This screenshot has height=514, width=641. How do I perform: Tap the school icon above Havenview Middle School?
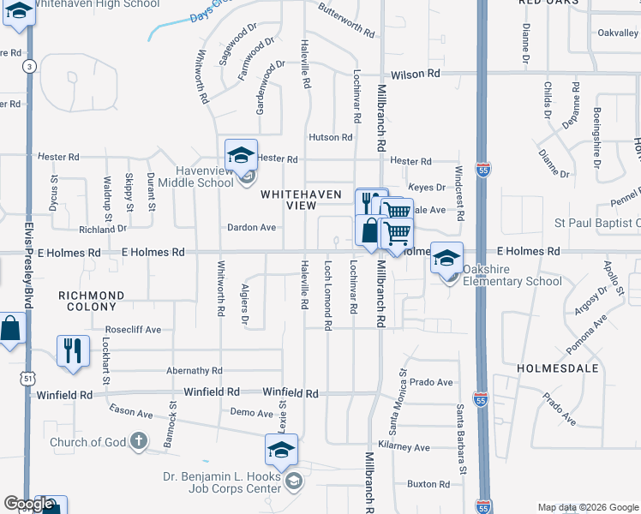[242, 155]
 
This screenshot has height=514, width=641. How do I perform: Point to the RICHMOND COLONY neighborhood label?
[91, 301]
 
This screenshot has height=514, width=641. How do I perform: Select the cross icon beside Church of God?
[138, 442]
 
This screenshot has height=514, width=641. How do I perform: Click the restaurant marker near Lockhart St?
[73, 350]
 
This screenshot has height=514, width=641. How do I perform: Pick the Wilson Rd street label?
[416, 75]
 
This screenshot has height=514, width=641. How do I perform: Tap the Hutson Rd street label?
[331, 137]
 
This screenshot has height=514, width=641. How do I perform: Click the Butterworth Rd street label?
[346, 22]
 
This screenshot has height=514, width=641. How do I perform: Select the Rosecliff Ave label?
[133, 329]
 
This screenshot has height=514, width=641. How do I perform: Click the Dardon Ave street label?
[251, 228]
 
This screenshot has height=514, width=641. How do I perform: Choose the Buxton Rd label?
[428, 484]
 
